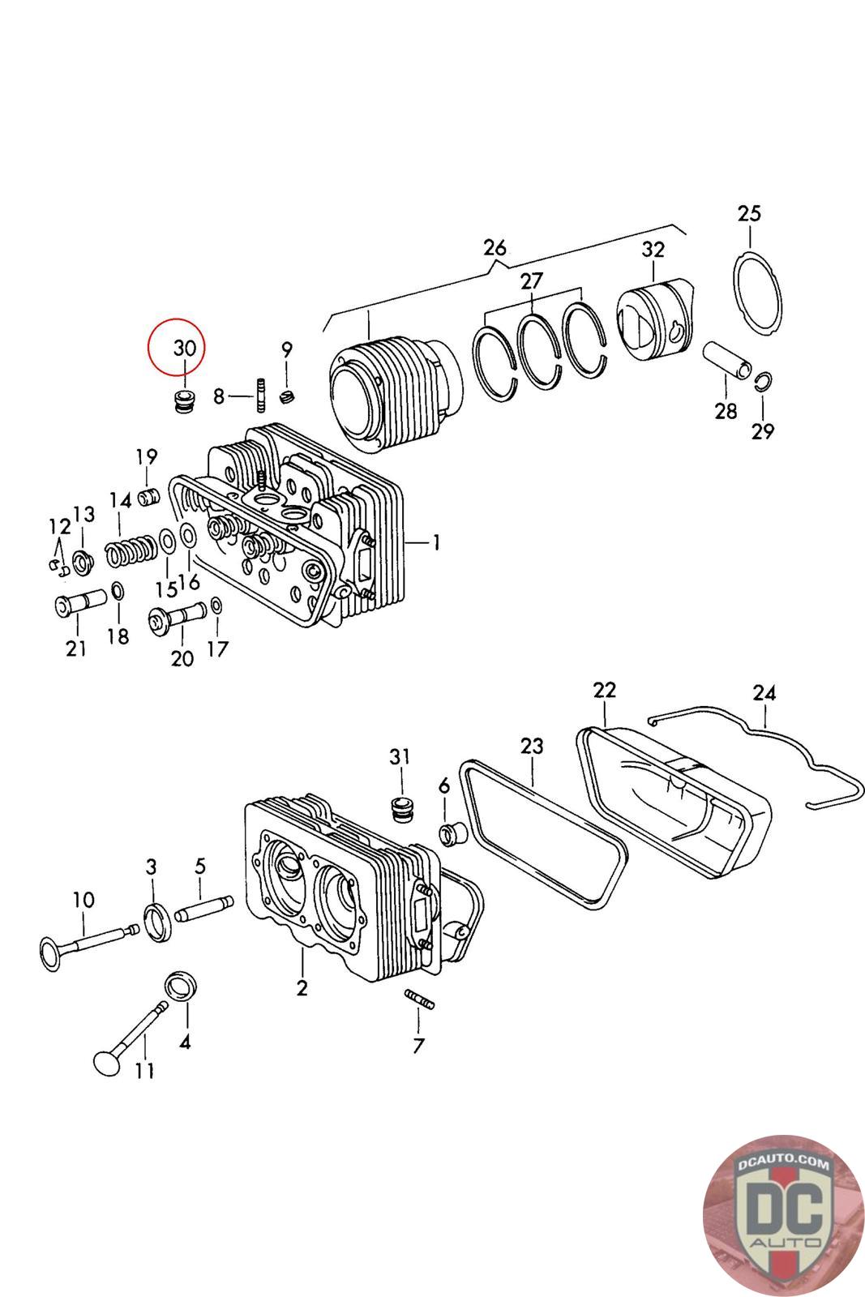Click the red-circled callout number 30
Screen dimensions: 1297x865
coord(185,348)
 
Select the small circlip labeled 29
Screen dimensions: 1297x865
coord(764,381)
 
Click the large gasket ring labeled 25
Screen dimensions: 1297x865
coord(760,291)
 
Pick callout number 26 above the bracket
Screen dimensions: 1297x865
coord(495,247)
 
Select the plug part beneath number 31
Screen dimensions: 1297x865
coord(400,808)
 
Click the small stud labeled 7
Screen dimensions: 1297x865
coord(419,1000)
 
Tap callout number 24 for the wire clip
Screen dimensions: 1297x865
coord(764,693)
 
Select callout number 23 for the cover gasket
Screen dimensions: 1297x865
coord(532,746)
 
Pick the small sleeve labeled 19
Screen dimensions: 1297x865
coord(147,495)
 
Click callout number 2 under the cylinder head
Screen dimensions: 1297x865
coord(302,989)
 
